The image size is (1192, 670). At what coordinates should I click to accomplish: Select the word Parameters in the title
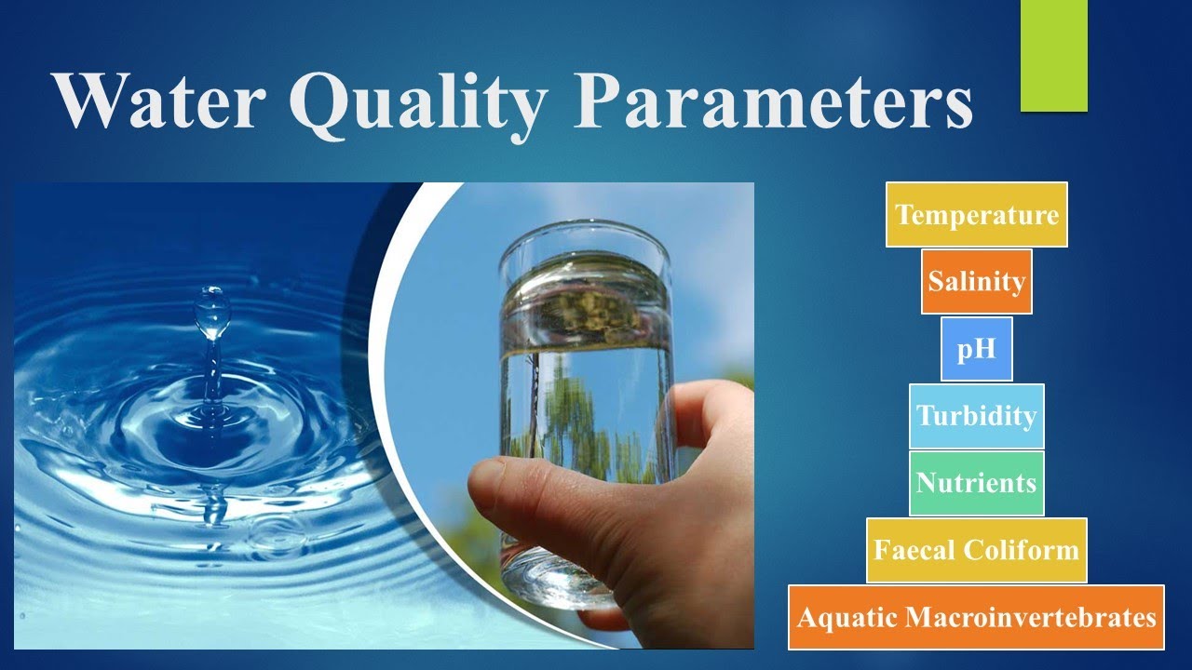point(773,100)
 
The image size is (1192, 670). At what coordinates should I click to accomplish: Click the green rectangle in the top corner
point(1054,56)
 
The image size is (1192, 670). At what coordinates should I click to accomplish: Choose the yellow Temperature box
point(977,215)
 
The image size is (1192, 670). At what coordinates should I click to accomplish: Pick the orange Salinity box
point(977,281)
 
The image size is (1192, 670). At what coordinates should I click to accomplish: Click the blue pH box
point(976,349)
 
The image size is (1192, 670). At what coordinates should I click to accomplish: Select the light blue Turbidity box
point(976,416)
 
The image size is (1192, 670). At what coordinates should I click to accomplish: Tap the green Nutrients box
point(976,483)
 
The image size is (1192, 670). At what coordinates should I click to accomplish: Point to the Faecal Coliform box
point(976,550)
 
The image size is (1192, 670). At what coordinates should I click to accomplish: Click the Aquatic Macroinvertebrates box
point(976,617)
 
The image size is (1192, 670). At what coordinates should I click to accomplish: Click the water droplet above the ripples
point(212,312)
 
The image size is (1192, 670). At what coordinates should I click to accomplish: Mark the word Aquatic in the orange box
point(847,617)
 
